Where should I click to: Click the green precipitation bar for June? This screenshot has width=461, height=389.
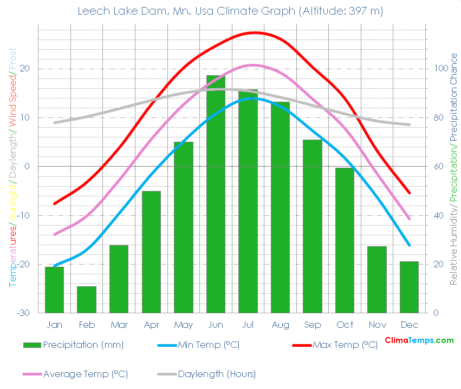click(216, 195)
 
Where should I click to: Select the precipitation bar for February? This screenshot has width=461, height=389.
click(87, 300)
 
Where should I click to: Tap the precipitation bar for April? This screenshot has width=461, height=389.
click(151, 252)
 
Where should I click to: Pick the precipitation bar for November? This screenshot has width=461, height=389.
click(377, 280)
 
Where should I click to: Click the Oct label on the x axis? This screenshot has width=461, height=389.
click(345, 325)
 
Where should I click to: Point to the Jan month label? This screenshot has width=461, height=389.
click(54, 325)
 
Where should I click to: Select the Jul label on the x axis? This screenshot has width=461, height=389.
click(248, 325)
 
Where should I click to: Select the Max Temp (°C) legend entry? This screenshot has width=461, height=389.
click(345, 345)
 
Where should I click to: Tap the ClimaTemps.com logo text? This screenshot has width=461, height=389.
click(419, 340)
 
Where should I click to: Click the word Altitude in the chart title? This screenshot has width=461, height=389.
click(321, 11)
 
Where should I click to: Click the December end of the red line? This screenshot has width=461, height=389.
click(410, 193)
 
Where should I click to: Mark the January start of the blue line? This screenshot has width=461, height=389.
click(54, 266)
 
